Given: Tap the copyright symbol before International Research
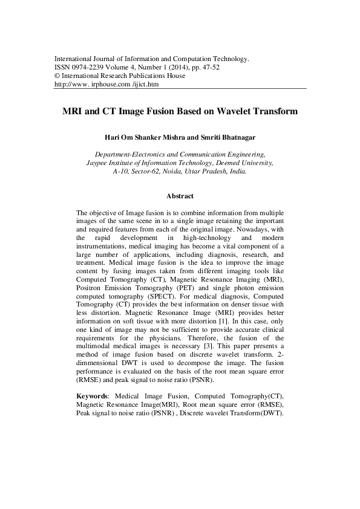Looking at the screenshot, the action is tap(57, 76).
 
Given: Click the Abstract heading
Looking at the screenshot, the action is tap(180, 196).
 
